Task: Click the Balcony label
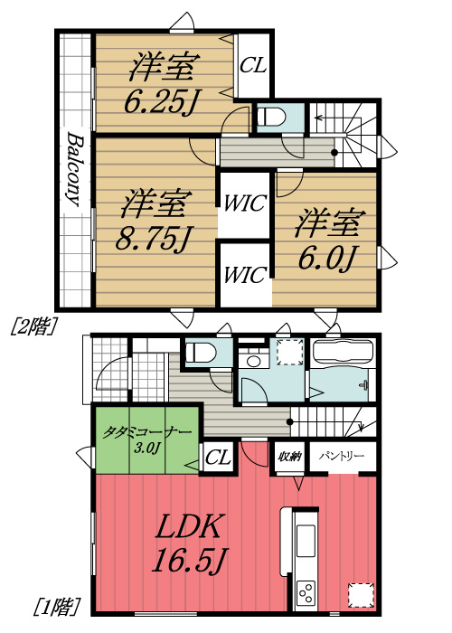click(75, 172)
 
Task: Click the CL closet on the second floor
click(253, 65)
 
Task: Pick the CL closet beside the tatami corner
click(218, 458)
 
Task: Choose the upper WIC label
click(244, 203)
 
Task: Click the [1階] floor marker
click(56, 604)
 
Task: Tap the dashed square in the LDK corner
click(361, 594)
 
